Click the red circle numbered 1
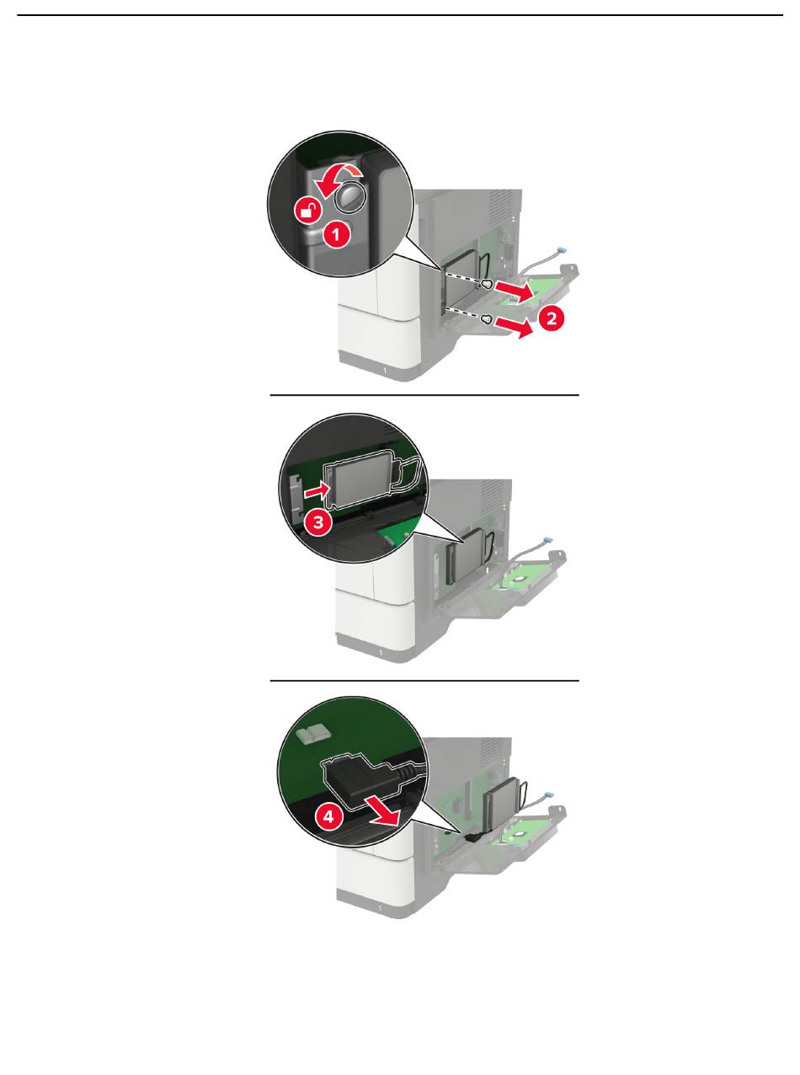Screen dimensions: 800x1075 pos(336,235)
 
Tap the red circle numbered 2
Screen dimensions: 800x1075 pos(551,318)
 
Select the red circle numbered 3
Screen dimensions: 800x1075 pos(318,522)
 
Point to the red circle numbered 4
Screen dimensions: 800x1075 pos(329,816)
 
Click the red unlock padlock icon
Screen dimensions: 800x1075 pos(308,211)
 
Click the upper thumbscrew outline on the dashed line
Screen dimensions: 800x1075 pos(487,284)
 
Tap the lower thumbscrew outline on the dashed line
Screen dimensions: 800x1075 pos(487,318)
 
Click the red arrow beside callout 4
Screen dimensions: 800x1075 pos(383,812)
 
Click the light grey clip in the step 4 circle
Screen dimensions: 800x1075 pos(313,735)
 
